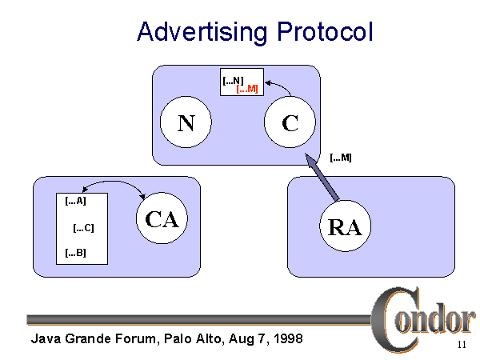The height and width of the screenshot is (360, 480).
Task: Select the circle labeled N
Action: tap(186, 123)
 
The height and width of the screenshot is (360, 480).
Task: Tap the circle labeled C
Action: tap(290, 123)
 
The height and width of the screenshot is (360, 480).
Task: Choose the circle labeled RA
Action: tap(345, 226)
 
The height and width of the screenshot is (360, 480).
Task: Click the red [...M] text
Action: tap(247, 89)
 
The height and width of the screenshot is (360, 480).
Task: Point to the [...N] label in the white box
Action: tap(233, 79)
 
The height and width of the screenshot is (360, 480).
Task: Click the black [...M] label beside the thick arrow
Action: tap(341, 157)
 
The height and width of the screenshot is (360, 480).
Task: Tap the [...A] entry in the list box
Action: tap(74, 201)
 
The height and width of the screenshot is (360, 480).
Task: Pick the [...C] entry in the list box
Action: tap(83, 228)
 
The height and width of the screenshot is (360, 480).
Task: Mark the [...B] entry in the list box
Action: tap(74, 254)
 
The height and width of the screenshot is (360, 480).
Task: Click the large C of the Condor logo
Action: tap(392, 316)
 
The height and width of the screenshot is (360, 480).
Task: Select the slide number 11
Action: tap(462, 345)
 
